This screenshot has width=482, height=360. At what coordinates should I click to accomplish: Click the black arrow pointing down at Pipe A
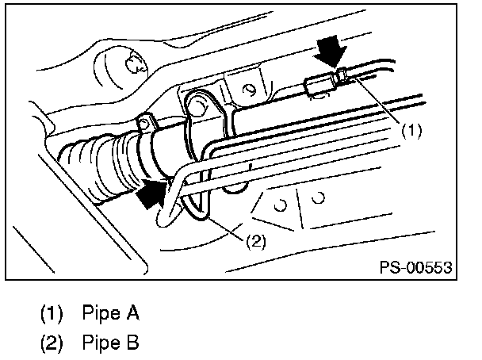[x=331, y=52]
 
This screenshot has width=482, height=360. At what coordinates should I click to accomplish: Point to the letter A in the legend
[x=133, y=313]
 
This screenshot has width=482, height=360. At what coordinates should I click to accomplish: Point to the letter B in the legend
[x=133, y=343]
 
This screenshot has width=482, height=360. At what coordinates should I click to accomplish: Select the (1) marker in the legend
[x=52, y=313]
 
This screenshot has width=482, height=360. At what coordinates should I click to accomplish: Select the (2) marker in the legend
[x=52, y=343]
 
